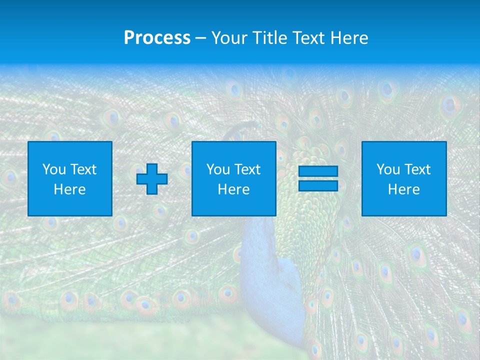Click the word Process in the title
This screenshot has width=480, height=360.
(157, 38)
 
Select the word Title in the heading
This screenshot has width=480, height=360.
(270, 38)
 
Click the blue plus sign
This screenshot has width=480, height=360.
(152, 179)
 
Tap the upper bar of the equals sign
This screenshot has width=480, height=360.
(318, 171)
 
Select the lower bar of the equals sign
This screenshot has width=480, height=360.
(318, 185)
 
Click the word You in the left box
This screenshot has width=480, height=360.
(54, 169)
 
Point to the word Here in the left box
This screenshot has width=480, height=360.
(70, 189)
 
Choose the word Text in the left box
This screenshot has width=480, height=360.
(83, 169)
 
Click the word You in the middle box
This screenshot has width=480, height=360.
(218, 169)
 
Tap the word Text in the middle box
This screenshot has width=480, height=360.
(247, 169)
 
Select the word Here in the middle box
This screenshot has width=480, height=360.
(234, 189)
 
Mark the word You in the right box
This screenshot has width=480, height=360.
(388, 169)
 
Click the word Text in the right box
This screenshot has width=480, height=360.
(417, 169)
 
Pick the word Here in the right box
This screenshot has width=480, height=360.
(404, 189)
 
